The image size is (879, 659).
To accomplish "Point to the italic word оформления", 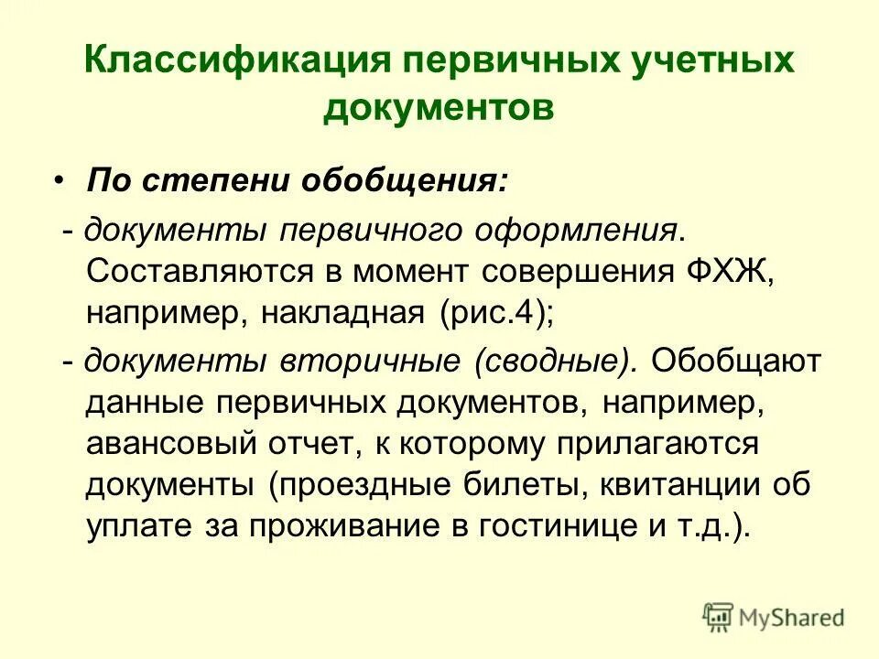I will tap(587, 229).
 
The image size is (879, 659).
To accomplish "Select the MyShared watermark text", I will tap(792, 616).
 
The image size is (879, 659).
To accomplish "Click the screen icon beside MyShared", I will tap(718, 616).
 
